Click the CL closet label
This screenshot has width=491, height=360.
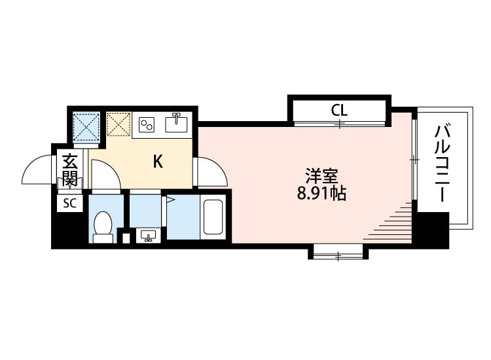(339, 110)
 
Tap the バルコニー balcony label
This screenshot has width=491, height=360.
(442, 164)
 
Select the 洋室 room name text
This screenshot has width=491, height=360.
(321, 176)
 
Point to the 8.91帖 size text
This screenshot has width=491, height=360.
(321, 194)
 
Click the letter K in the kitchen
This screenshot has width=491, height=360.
(158, 162)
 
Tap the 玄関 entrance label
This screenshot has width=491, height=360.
(69, 170)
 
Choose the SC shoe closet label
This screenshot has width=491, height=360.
(69, 204)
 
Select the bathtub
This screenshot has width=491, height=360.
(213, 217)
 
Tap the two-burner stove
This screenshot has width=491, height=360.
(147, 124)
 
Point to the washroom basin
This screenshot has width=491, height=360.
(149, 235)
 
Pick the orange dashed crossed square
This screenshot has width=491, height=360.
(118, 124)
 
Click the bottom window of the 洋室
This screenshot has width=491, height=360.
(338, 256)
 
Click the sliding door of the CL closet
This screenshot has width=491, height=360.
(340, 124)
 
